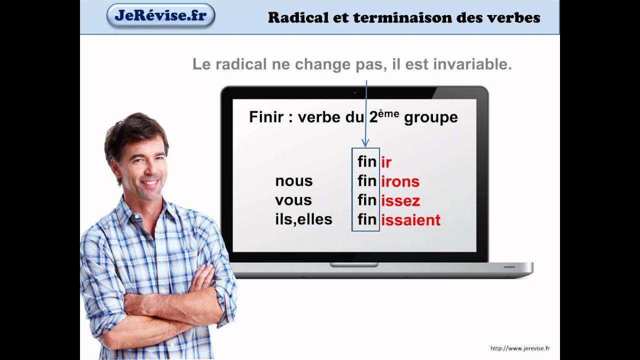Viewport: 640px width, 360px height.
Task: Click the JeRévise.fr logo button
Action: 161,15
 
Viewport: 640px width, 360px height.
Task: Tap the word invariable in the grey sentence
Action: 472,64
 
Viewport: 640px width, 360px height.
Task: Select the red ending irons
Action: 400,181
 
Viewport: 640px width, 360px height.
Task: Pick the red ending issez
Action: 400,201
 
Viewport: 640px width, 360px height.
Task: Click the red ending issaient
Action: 411,220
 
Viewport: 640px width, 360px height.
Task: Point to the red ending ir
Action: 386,162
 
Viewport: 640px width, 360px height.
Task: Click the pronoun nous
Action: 294,181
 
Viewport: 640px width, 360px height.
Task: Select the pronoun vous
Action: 293,200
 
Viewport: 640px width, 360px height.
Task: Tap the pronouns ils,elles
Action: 303,219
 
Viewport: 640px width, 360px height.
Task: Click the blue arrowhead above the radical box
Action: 365,143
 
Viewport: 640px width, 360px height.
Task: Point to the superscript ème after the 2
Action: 388,113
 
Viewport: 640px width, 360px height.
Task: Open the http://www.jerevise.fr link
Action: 520,348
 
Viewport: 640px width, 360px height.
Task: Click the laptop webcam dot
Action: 355,93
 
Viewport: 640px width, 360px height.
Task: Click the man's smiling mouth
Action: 150,183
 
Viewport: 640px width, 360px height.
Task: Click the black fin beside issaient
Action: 367,219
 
